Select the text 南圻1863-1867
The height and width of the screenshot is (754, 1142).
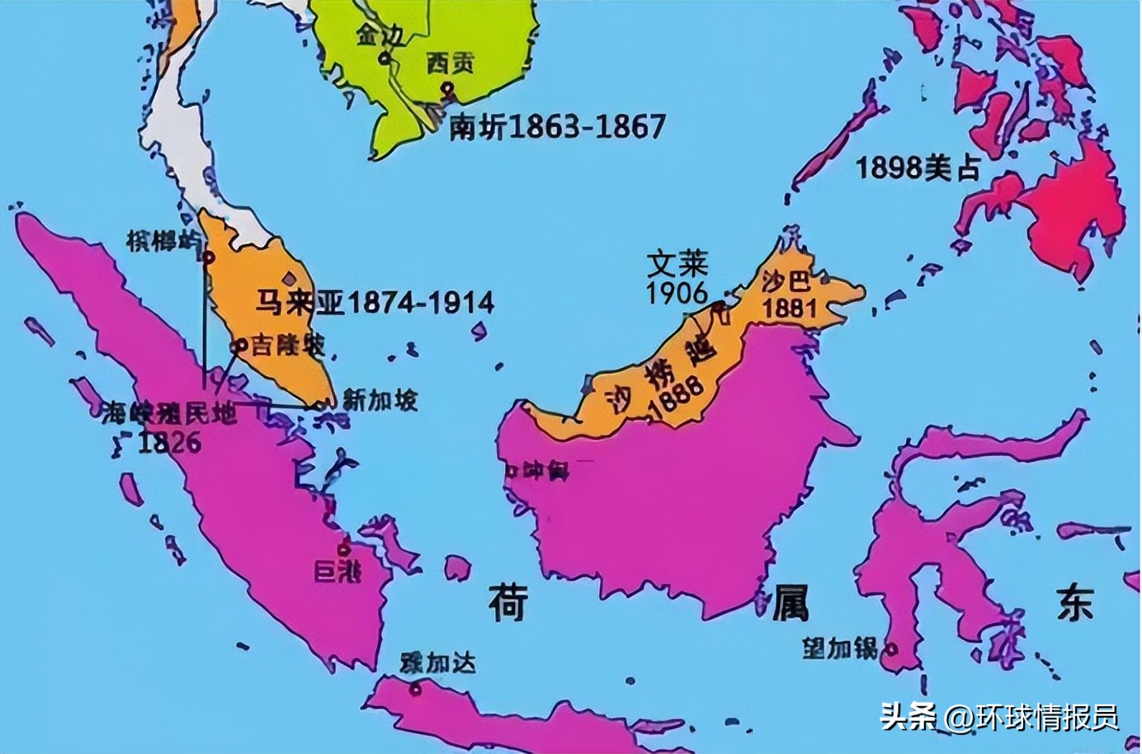click(557, 128)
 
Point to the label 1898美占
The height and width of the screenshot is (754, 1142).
click(918, 168)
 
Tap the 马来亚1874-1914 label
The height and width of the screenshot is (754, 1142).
click(374, 303)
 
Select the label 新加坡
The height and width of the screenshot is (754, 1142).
click(380, 401)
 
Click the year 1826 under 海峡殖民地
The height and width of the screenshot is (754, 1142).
click(169, 442)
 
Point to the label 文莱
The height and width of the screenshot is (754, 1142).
click(677, 265)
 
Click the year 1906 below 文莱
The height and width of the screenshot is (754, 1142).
click(677, 292)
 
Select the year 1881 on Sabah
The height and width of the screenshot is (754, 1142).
click(790, 308)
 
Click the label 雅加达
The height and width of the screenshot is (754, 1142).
click(437, 662)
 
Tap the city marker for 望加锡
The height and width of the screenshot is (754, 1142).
click(890, 649)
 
